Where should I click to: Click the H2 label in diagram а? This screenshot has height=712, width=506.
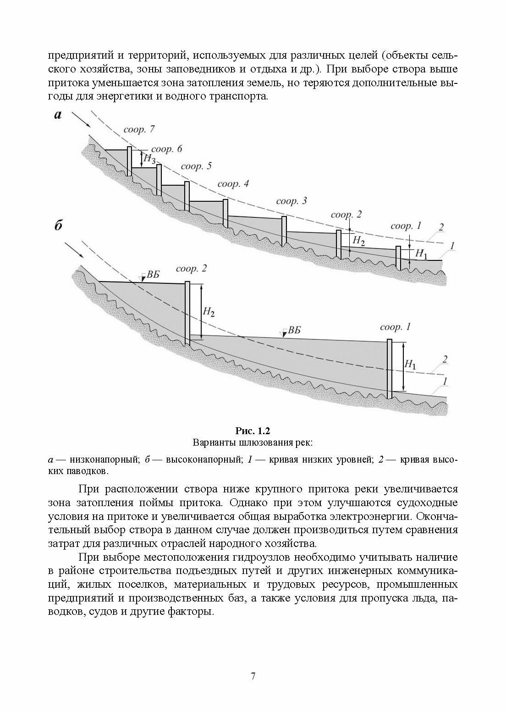point(359,240)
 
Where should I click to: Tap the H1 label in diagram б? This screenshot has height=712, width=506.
point(410,365)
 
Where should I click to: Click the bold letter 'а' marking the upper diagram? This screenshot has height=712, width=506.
point(58,115)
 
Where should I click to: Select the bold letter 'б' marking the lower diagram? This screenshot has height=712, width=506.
point(58,226)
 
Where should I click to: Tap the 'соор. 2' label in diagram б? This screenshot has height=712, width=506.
point(191,269)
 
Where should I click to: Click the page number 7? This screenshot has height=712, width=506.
point(253,676)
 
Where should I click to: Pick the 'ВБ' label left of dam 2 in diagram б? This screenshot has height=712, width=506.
point(153,276)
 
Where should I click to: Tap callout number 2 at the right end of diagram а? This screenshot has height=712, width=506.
point(441,227)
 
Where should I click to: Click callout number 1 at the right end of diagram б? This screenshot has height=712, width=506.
point(445,381)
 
